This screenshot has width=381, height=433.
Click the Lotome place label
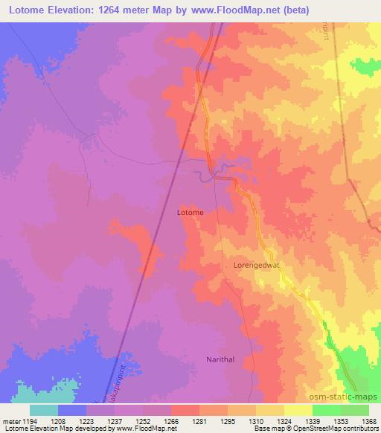click(190, 212)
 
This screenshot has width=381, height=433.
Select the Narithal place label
click(220, 359)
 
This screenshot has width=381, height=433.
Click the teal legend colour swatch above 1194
click(43, 410)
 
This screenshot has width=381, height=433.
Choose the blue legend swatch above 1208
click(71, 410)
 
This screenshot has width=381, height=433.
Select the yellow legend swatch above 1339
click(298, 410)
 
